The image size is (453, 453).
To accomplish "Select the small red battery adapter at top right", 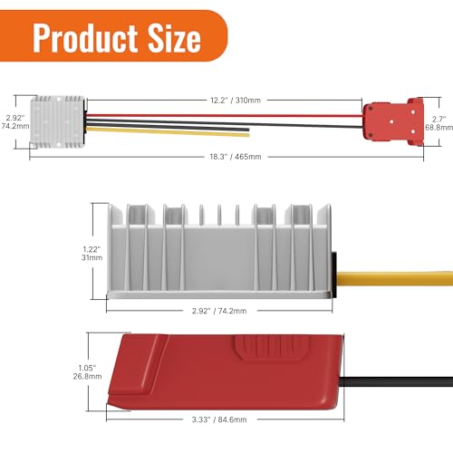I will pos(388,123).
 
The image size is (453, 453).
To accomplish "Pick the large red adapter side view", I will pos(217,369).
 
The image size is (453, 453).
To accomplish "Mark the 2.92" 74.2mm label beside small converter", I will pos(12,123).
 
